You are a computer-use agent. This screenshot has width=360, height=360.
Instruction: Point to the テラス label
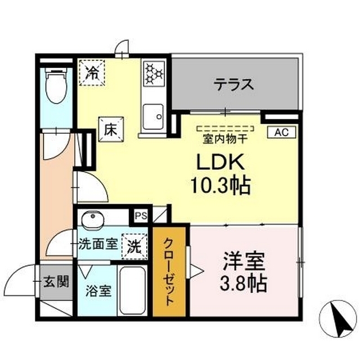click(233, 85)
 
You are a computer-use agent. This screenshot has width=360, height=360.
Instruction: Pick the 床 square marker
click(110, 127)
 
